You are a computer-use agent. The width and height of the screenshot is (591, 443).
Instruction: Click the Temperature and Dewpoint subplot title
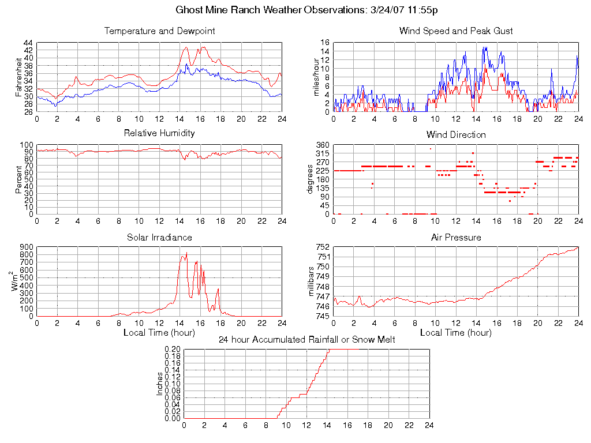[x=159, y=31]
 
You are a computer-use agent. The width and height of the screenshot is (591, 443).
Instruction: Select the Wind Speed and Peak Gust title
[x=456, y=31]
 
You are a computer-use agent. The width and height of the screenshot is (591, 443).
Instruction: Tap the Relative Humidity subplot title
[x=159, y=133]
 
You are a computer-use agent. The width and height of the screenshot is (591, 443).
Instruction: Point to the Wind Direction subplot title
[x=456, y=134]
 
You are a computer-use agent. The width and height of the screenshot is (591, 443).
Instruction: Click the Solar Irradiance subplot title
[x=159, y=237]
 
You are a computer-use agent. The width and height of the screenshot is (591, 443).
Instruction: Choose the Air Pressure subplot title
[x=456, y=237]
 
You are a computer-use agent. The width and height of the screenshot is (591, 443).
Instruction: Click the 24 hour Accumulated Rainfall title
[x=306, y=340]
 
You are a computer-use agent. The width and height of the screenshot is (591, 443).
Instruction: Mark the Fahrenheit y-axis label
[x=19, y=77]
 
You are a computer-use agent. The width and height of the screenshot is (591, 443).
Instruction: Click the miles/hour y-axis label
[x=316, y=77]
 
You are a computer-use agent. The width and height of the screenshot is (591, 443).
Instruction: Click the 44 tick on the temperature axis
[x=28, y=43]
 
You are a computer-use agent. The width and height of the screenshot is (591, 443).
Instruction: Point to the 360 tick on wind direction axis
[x=322, y=145]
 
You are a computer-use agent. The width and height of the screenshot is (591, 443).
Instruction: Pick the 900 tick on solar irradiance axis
[x=27, y=247]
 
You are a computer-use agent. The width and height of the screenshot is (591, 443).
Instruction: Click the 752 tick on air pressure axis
[x=322, y=247]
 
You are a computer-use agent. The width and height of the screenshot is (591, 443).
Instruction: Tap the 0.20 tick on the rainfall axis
[x=173, y=350]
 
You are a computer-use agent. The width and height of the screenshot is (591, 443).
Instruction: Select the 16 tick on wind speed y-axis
[x=325, y=43]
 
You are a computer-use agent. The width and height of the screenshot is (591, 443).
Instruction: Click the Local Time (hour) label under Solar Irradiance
[x=159, y=332]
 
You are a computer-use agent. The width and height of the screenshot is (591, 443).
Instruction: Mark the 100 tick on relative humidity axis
[x=27, y=145]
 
